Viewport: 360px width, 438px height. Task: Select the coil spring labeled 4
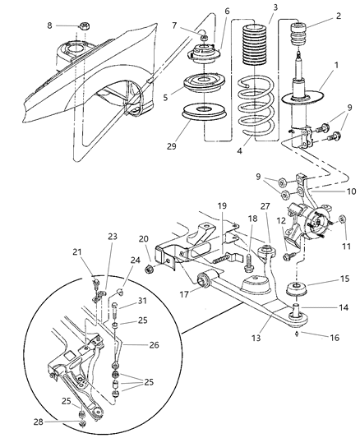click(x=258, y=107)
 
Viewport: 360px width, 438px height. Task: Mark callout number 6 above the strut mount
click(x=205, y=12)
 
